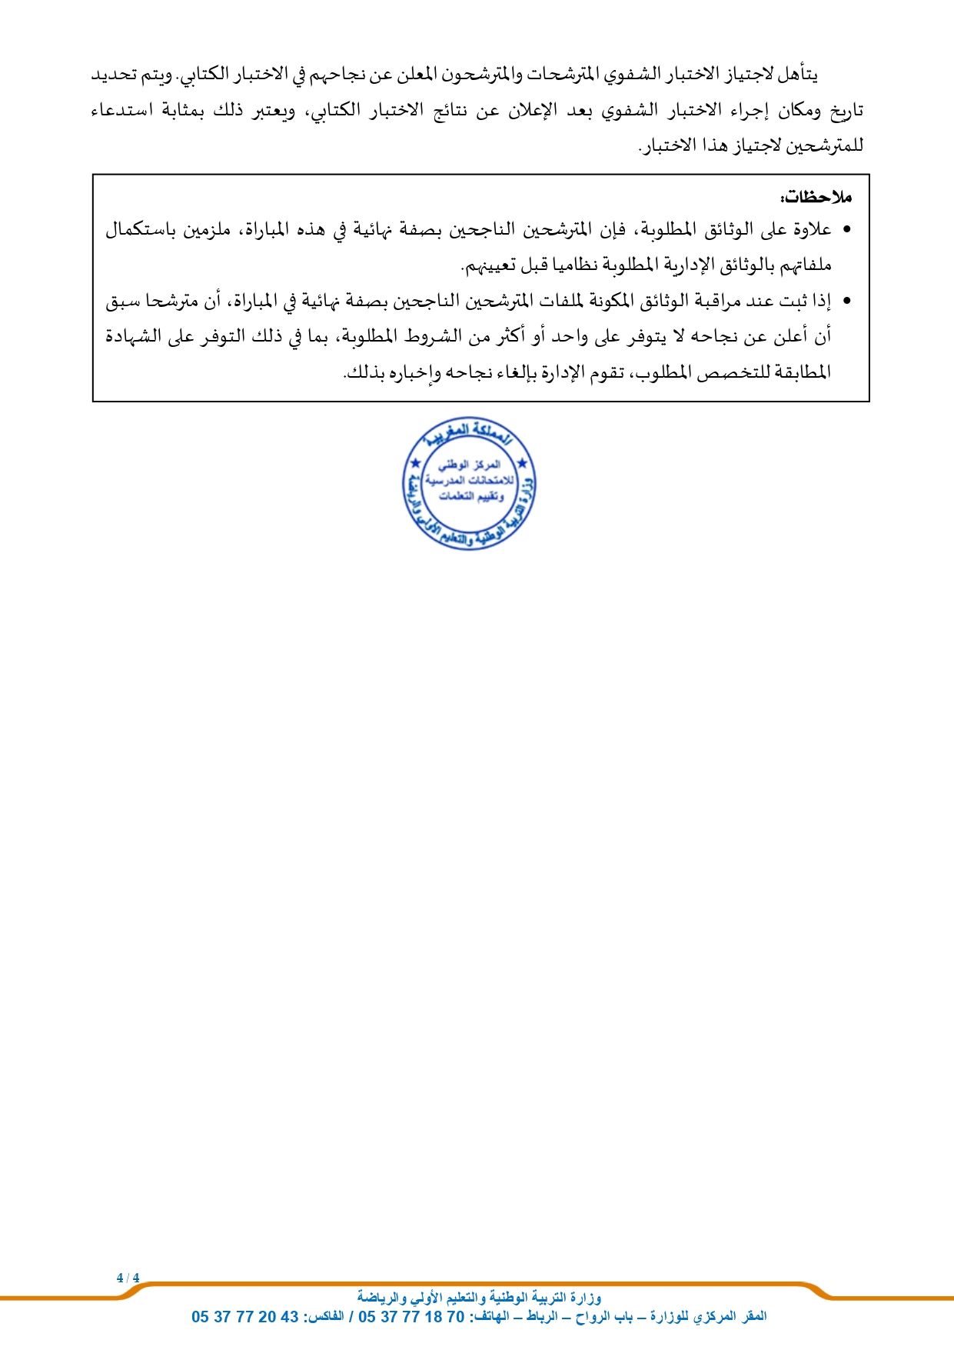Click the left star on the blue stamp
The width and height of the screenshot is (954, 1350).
[416, 463]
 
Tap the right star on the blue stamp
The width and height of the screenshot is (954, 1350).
[523, 463]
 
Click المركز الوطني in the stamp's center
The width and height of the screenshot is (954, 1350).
[470, 465]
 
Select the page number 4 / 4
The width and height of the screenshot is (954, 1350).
[128, 1278]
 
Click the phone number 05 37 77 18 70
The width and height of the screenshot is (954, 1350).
[411, 1316]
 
